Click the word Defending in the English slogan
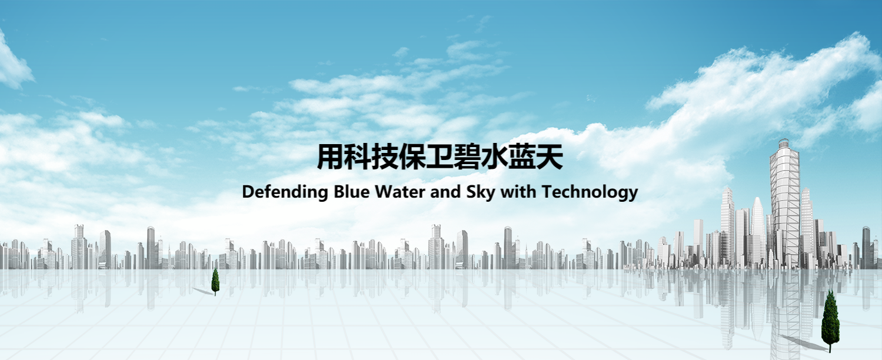click(285, 192)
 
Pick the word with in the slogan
click(518, 192)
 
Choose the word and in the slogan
click(446, 192)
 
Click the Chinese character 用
click(330, 157)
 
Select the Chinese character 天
click(550, 157)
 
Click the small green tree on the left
click(215, 281)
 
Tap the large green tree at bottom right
click(830, 321)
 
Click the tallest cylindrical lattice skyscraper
click(785, 205)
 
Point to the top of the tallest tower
click(784, 139)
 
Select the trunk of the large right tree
click(830, 348)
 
